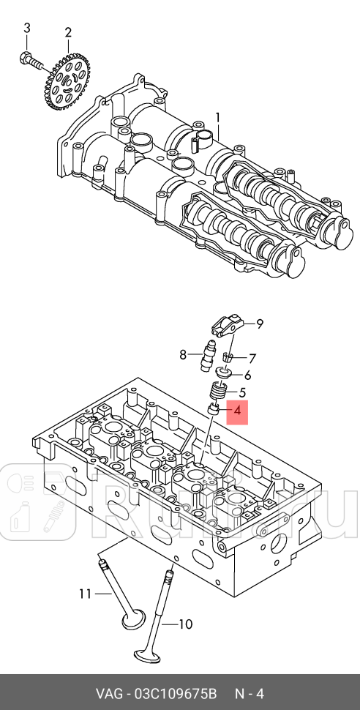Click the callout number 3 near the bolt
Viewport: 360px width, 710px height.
(27, 29)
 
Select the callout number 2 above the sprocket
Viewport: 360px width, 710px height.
(68, 32)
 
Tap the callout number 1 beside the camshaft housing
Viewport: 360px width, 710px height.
(217, 117)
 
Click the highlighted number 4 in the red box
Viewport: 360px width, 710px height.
(237, 413)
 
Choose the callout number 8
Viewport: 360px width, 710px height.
(184, 355)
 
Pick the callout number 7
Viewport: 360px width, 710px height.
(252, 359)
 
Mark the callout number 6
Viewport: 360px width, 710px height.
(247, 375)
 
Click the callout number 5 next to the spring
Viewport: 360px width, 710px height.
(242, 392)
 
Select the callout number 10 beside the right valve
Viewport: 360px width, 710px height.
(185, 624)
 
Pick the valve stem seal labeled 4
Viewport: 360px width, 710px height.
(214, 408)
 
